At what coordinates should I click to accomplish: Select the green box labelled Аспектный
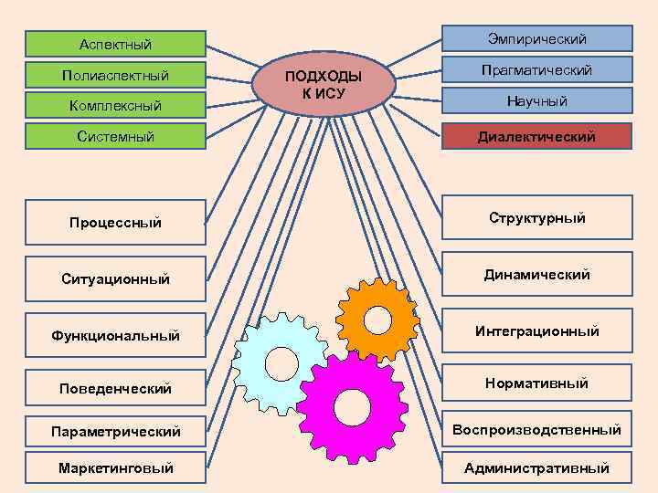[115, 44]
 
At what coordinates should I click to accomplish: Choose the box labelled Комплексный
[115, 106]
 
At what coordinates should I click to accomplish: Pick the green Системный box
[115, 137]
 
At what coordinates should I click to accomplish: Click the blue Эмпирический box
[536, 38]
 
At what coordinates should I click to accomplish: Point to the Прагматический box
[536, 70]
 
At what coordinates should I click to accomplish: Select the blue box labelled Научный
[536, 101]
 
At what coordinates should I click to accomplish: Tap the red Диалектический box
[536, 136]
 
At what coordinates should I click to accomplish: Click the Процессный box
[115, 222]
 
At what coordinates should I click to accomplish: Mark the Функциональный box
[115, 336]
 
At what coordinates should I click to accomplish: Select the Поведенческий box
[115, 388]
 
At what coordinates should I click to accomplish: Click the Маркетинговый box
[115, 467]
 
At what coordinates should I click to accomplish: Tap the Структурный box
[536, 218]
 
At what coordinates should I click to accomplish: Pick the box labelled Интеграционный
[536, 330]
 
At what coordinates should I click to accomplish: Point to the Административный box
[536, 467]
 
